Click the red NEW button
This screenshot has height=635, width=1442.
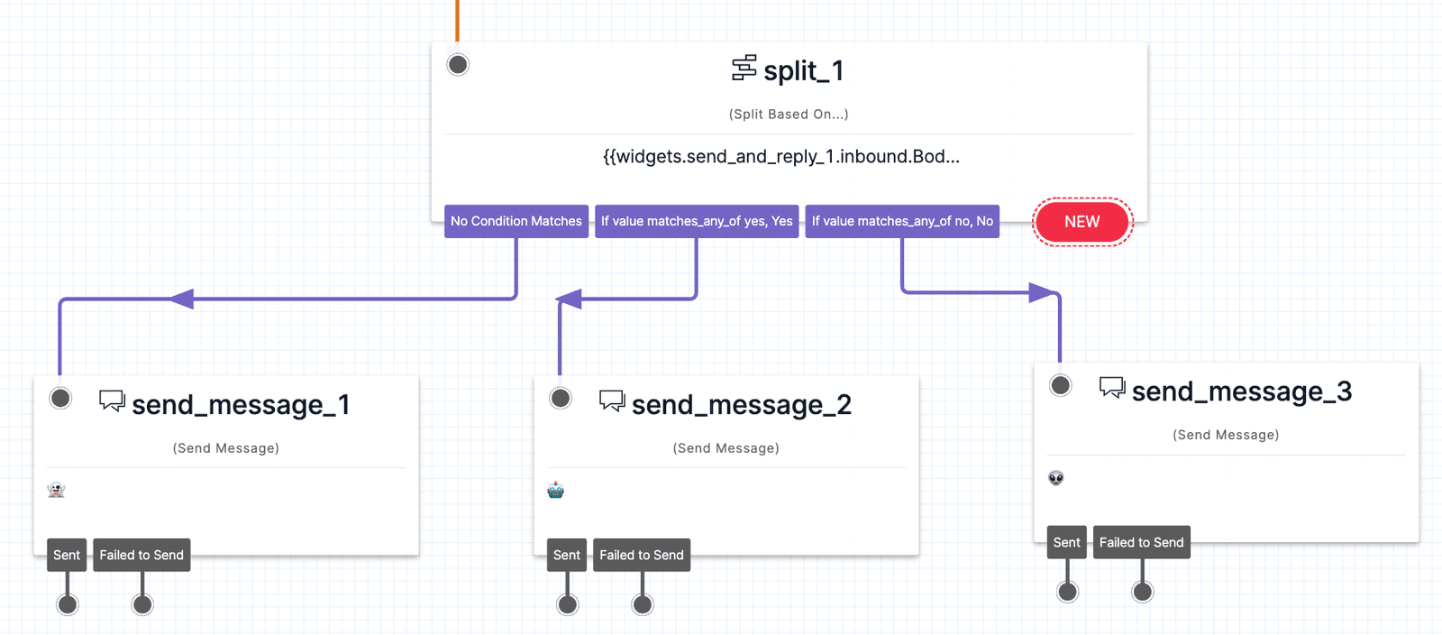[1081, 222]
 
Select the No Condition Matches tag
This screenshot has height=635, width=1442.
[516, 221]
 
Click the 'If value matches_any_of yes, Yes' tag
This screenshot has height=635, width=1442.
[697, 221]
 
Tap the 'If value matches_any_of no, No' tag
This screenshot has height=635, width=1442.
[902, 221]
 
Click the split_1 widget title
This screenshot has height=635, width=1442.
[803, 70]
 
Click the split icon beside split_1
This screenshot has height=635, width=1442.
[744, 68]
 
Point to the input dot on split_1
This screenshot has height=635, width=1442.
[458, 64]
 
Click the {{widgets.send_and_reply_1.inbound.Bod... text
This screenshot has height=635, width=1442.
[780, 157]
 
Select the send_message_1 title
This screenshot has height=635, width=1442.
[241, 405]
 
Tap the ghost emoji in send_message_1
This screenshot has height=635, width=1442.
[56, 490]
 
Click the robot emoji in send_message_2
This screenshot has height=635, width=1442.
[555, 490]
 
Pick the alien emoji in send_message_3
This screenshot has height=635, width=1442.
[1056, 477]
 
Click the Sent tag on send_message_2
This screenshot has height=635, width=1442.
[567, 555]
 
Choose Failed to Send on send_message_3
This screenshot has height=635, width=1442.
[1141, 542]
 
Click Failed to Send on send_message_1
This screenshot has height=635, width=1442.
[141, 555]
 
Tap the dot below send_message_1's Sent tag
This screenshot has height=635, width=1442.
[68, 604]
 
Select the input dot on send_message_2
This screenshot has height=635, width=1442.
[561, 398]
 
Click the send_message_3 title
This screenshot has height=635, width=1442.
[1241, 391]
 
